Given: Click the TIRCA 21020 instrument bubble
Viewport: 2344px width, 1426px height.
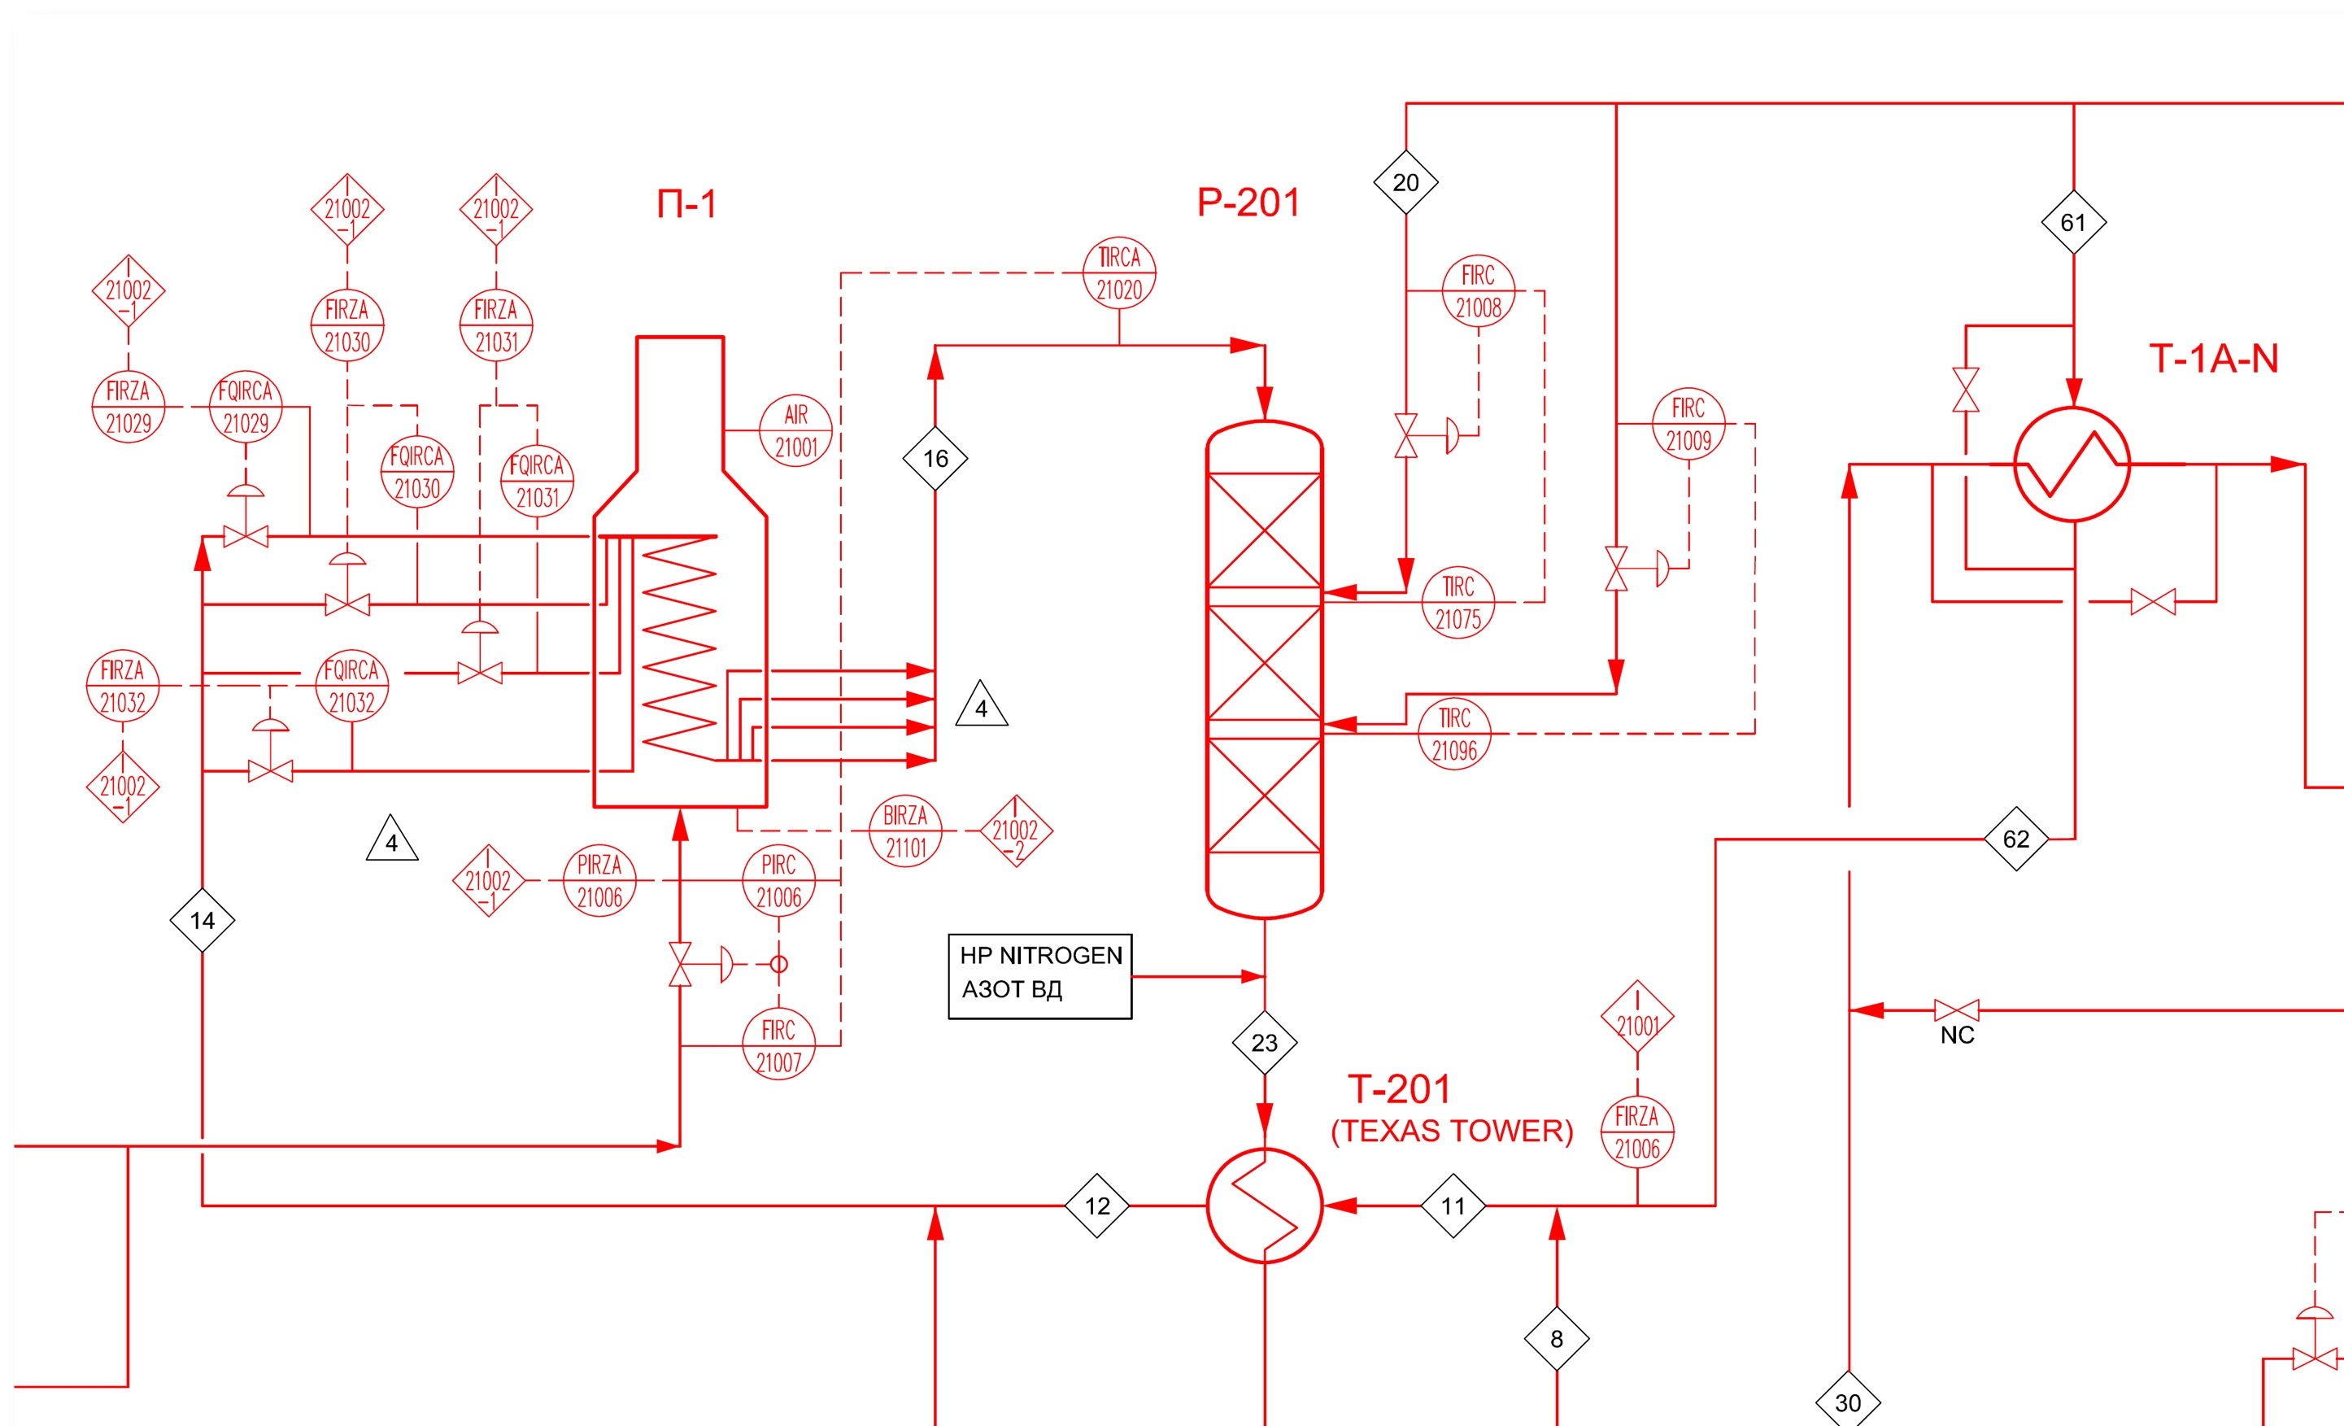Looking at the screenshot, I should tap(1119, 273).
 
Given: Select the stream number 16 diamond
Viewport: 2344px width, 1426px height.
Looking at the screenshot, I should tap(935, 459).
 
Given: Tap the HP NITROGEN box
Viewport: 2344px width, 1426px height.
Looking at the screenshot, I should tap(1039, 976).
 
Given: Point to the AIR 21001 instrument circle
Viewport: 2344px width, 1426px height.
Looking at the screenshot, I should tap(795, 431).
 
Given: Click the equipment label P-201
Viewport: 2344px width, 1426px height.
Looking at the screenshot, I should tap(1248, 203).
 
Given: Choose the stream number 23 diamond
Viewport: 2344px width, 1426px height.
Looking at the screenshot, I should tap(1264, 1043).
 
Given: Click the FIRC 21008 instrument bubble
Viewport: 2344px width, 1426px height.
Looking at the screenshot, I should tap(1477, 291).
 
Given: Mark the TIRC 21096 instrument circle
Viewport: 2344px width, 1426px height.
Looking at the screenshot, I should tap(1453, 735).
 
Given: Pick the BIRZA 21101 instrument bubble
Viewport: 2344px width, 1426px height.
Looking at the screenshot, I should tap(904, 831).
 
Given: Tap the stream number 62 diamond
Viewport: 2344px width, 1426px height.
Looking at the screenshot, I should tap(2015, 839).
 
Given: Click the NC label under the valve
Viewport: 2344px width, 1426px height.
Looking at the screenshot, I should tap(1957, 1035).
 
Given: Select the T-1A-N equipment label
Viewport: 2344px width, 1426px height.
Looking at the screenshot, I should tap(2213, 359).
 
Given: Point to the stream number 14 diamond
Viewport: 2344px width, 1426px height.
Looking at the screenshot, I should tap(202, 920).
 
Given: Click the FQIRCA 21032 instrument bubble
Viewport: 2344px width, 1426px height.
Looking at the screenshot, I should tap(351, 686).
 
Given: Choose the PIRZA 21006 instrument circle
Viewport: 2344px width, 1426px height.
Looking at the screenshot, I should tap(599, 881).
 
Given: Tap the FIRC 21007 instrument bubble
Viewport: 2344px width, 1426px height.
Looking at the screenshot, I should tap(778, 1045).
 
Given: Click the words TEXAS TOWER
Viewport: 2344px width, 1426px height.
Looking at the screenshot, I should tap(1451, 1130).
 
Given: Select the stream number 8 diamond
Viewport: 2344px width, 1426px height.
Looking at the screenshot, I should tap(1557, 1338).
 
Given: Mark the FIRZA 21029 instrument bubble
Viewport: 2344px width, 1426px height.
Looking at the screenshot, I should tap(128, 408).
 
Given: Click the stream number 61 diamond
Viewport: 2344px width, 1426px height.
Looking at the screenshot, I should tap(2073, 223).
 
